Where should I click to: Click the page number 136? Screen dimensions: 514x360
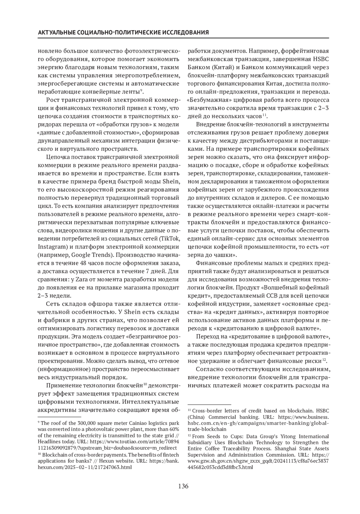pos(183,486)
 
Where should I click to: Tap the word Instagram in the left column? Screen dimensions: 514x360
pos(50,247)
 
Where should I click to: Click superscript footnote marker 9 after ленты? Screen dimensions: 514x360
pos(141,90)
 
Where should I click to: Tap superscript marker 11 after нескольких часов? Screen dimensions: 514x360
pos(264,115)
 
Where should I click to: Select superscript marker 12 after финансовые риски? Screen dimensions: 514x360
pos(324,360)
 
